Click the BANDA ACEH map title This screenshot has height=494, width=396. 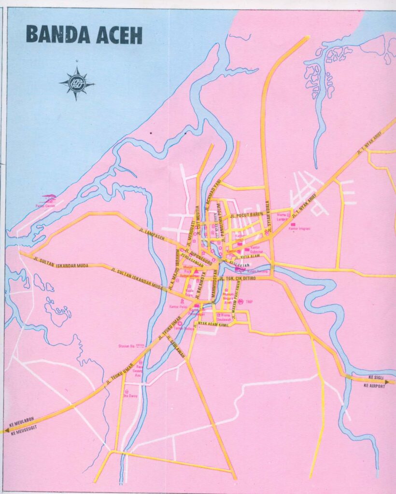pyautogui.click(x=84, y=35)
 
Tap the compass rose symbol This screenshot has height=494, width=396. pyautogui.click(x=77, y=84)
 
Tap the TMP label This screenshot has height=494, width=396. pyautogui.click(x=250, y=302)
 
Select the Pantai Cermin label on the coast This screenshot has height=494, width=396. pyautogui.click(x=45, y=206)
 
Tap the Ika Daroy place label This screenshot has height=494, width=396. pyautogui.click(x=130, y=396)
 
